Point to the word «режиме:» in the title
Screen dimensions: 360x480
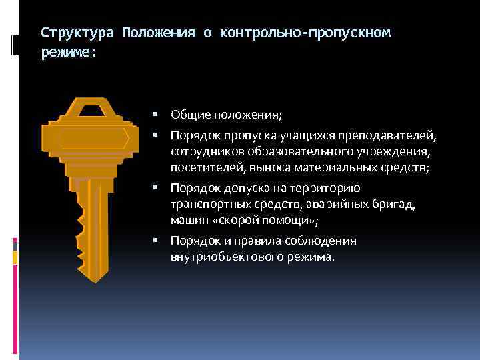tap(69, 51)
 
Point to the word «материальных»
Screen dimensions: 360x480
tap(349, 168)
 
